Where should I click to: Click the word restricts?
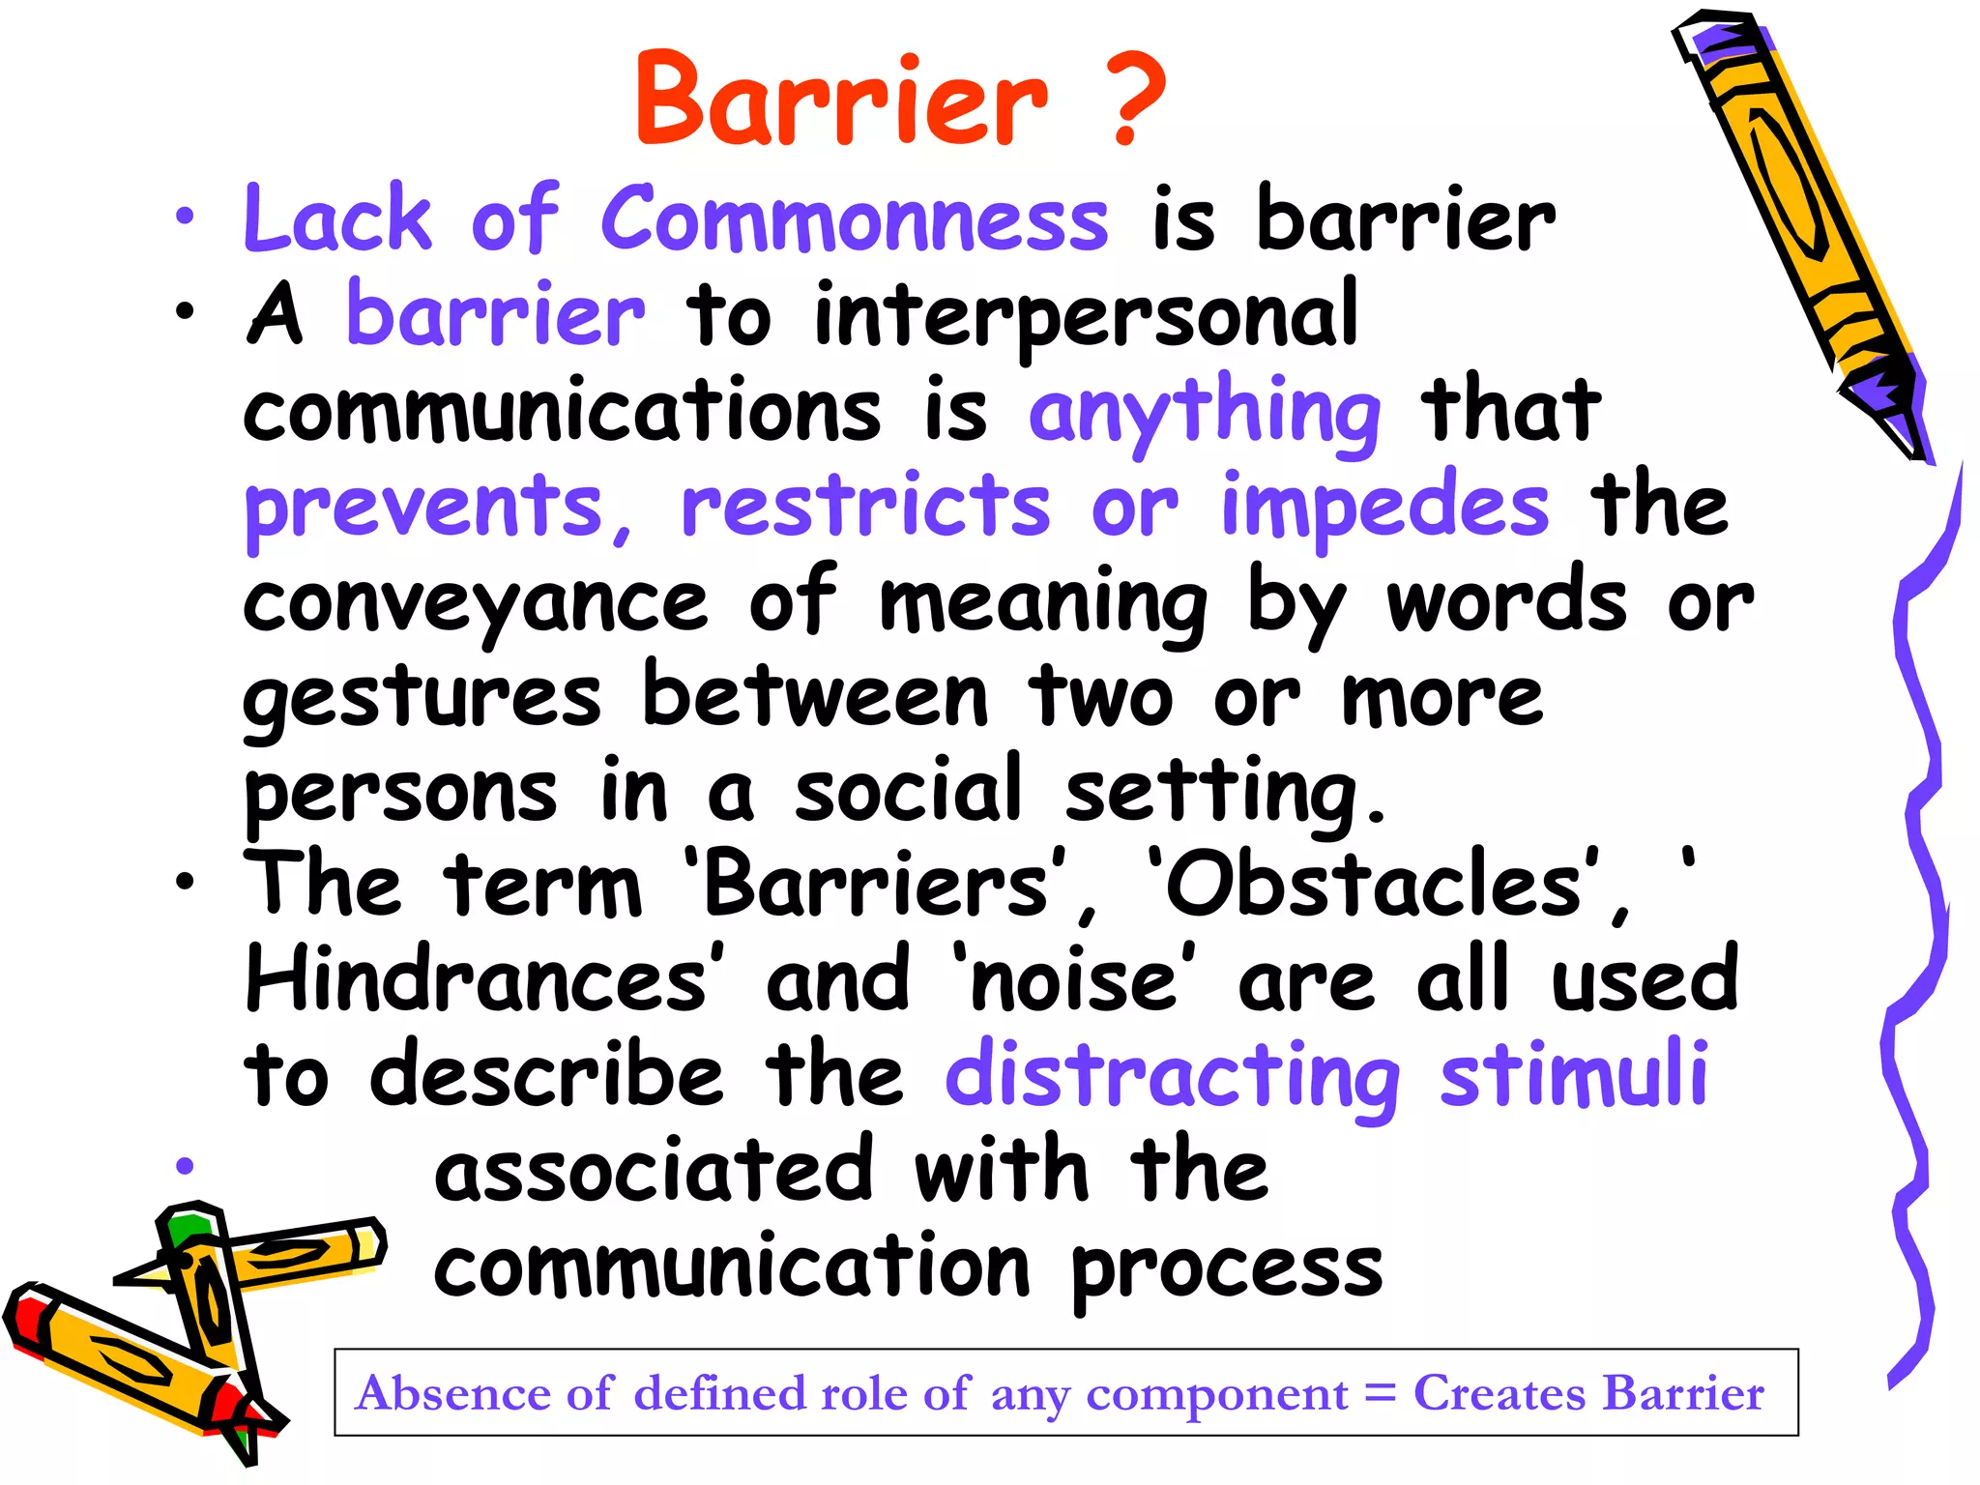point(865,507)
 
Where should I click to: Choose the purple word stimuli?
point(1574,1073)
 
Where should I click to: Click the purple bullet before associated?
point(185,1165)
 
